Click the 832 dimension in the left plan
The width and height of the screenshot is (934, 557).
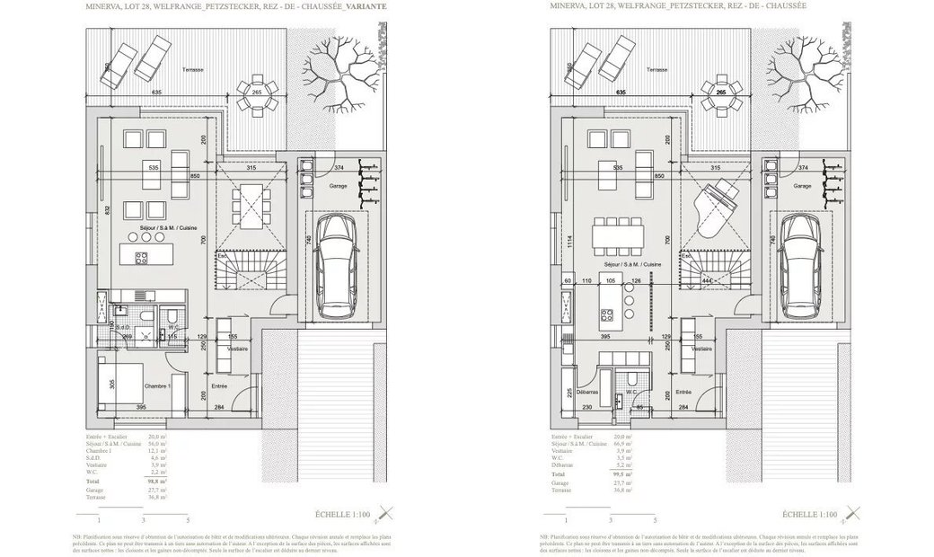point(108,209)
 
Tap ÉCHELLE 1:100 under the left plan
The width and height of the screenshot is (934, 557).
point(350,515)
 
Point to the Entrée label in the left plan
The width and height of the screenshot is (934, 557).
point(219,385)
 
